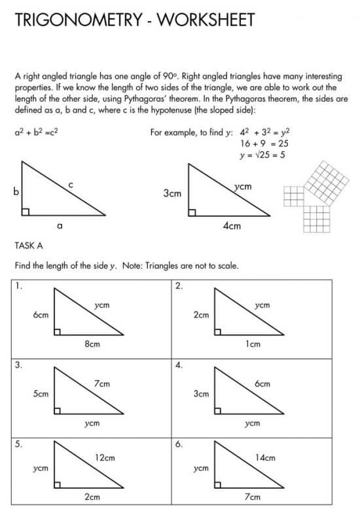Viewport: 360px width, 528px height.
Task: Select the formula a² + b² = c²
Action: pos(37,132)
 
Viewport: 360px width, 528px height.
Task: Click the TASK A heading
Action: pos(29,246)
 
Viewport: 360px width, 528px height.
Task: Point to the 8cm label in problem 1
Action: pos(92,343)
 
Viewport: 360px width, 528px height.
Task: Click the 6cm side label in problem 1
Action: pos(41,315)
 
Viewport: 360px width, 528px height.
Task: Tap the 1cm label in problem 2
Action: pos(253,343)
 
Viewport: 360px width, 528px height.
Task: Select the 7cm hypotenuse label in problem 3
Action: pos(101,383)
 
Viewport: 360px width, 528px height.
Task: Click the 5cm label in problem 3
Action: pos(41,394)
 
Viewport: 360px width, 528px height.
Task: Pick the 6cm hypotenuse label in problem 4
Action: pos(262,383)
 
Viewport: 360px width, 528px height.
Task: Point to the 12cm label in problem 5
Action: pos(105,458)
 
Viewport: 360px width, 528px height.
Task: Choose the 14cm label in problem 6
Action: pos(266,458)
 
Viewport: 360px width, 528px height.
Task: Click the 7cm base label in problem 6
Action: pos(253,497)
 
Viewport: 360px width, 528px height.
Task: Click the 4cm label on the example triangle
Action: pos(232,226)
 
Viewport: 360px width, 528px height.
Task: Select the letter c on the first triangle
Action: pos(70,186)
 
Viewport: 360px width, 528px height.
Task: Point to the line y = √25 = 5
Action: pos(265,155)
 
